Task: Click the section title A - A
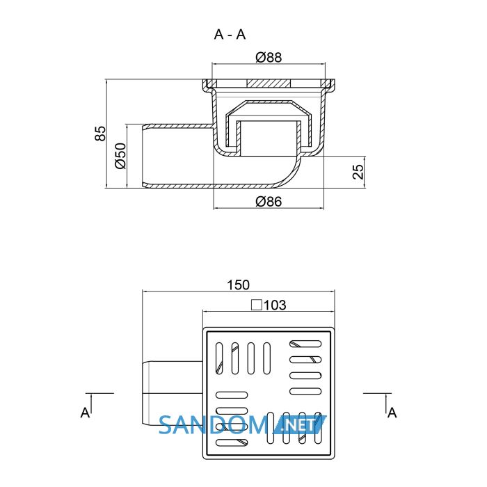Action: click(x=230, y=34)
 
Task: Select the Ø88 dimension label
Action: click(x=269, y=58)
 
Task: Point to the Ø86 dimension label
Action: click(x=269, y=202)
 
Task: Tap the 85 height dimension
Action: click(x=100, y=134)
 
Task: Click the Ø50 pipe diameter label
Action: click(x=120, y=156)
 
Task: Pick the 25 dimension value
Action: click(x=358, y=172)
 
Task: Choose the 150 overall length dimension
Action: click(x=238, y=285)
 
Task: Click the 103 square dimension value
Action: click(x=275, y=305)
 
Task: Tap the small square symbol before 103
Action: click(x=257, y=305)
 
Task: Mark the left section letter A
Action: click(x=85, y=413)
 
